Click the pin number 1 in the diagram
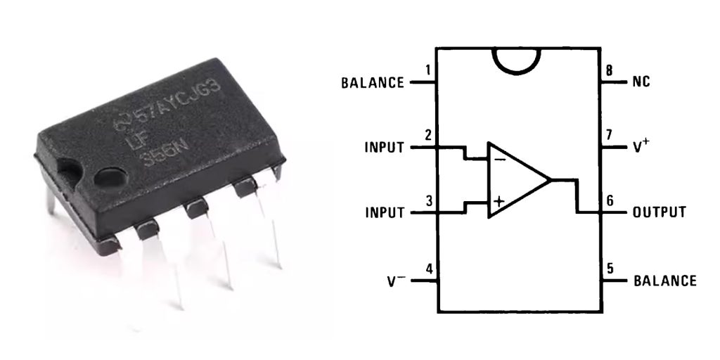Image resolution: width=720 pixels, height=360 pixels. point(428,70)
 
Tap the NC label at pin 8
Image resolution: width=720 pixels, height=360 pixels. point(641,82)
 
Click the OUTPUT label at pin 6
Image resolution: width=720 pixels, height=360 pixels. point(660,212)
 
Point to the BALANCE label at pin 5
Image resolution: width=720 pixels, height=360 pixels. point(665,281)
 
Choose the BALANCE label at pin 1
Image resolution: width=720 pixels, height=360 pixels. point(373,83)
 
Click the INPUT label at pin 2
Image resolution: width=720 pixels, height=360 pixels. point(385,148)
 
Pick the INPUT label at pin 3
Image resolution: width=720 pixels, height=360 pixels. point(385,212)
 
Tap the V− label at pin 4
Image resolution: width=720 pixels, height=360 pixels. point(396,281)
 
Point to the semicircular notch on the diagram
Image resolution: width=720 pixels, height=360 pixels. point(518,60)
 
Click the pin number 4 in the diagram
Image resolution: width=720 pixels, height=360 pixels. point(428,269)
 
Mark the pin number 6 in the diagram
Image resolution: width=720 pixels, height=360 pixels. point(610,200)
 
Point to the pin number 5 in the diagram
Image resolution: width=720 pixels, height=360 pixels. point(610,269)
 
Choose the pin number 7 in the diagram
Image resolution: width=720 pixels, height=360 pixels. point(610,135)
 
